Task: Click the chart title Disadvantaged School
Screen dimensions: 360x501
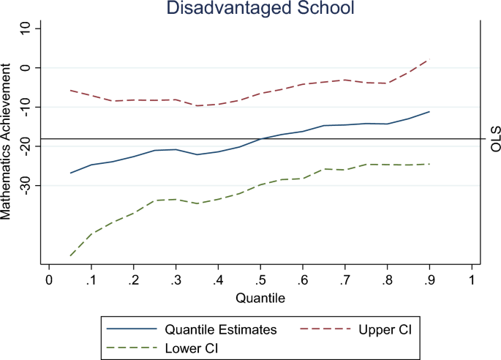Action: (x=259, y=9)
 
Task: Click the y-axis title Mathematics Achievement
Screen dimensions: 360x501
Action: (x=7, y=141)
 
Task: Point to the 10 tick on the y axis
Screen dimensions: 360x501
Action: (x=26, y=28)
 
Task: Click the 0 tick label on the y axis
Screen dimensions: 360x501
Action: (x=26, y=67)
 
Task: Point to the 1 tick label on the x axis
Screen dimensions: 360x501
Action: (x=471, y=281)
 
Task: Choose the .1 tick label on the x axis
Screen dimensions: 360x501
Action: (x=91, y=281)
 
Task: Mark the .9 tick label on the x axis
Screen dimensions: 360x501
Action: (x=428, y=281)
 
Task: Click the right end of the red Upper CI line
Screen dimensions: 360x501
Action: (x=429, y=59)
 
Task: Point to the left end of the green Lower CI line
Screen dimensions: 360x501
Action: (x=70, y=255)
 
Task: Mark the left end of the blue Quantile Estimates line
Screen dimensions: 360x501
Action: (x=70, y=173)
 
